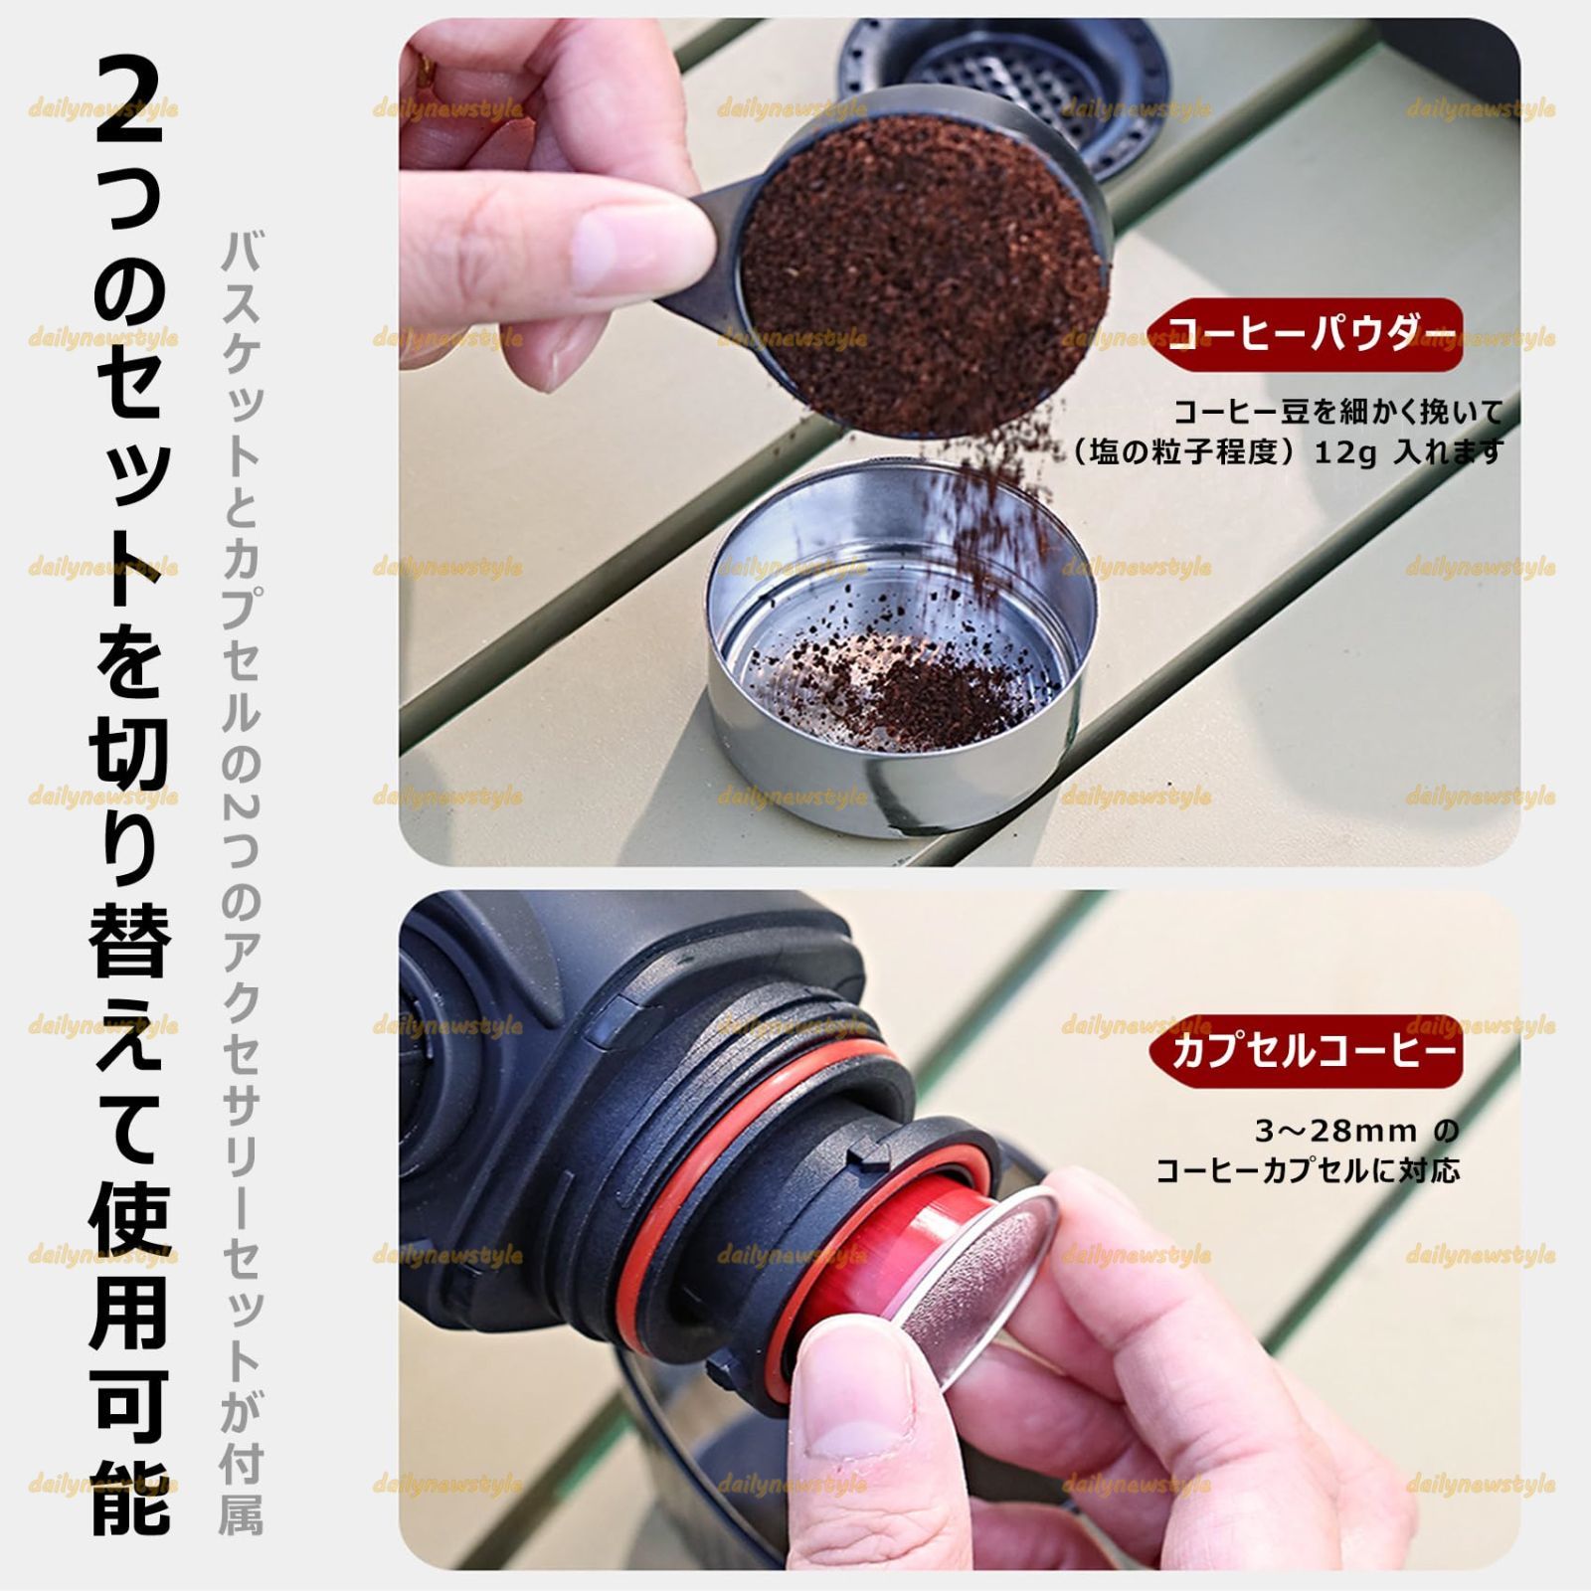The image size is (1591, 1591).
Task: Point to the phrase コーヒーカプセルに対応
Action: [1308, 1171]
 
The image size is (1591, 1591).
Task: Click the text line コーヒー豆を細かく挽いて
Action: [1337, 412]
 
